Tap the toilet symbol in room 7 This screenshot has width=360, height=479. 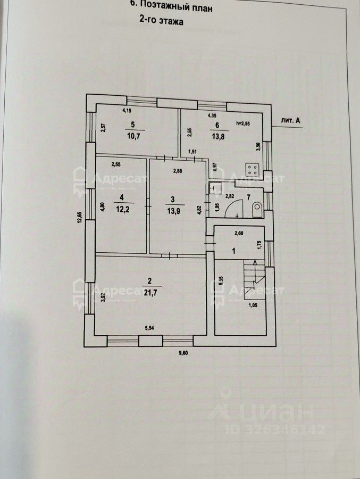point(256,210)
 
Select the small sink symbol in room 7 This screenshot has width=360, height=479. point(216,187)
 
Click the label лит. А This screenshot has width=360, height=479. point(290,121)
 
